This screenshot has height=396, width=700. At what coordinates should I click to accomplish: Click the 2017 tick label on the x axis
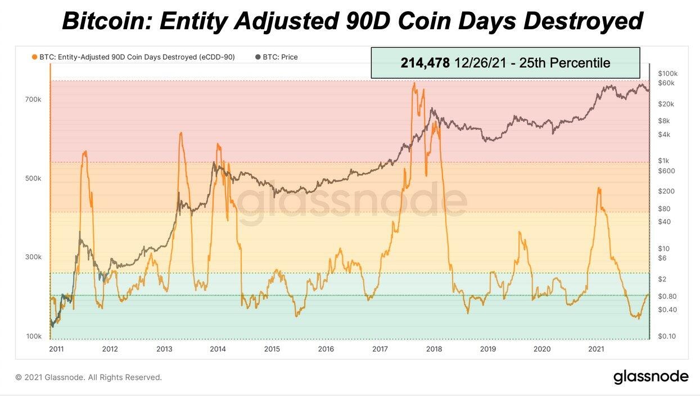[x=380, y=349]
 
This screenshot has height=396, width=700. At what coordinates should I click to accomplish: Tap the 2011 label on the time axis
[x=56, y=349]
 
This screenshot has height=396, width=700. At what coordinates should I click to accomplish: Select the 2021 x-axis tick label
[x=596, y=349]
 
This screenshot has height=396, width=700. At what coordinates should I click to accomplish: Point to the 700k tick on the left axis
[x=33, y=100]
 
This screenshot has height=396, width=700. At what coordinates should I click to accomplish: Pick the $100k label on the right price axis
[x=667, y=74]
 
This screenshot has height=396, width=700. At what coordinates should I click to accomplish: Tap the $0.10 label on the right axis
[x=667, y=336]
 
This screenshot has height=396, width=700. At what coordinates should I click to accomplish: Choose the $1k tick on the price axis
[x=664, y=161]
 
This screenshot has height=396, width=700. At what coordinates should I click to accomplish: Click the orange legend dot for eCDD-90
[x=35, y=57]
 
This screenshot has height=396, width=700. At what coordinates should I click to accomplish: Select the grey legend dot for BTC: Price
[x=258, y=57]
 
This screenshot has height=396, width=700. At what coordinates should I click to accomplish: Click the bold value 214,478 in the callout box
[x=425, y=63]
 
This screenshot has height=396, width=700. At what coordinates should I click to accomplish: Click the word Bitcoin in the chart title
[x=106, y=21]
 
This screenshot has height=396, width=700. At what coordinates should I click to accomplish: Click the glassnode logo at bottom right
[x=651, y=376]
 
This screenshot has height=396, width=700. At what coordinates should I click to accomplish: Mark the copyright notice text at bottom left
[x=88, y=377]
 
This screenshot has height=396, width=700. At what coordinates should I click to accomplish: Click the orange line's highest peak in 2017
[x=414, y=83]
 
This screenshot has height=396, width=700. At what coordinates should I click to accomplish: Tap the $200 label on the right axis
[x=666, y=191]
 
